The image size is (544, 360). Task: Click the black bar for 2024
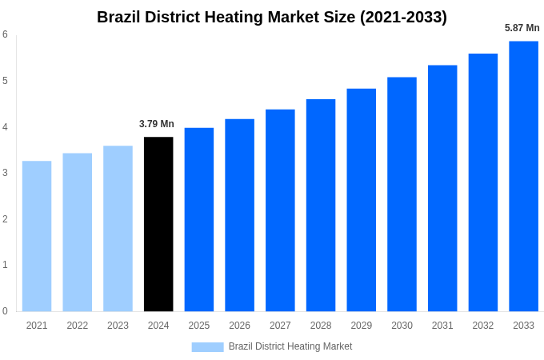tap(158, 224)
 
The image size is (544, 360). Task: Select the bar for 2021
tap(37, 236)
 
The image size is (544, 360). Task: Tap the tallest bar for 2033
tap(523, 176)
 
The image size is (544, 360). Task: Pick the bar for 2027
tap(280, 210)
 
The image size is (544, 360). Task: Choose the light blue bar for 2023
tap(118, 228)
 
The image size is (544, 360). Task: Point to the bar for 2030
tap(402, 194)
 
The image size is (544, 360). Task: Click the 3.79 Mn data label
tap(157, 124)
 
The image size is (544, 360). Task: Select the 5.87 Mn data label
tap(522, 28)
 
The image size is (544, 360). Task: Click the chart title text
tap(272, 17)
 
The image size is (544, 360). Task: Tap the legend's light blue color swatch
tap(207, 346)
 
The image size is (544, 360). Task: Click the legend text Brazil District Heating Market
tap(290, 346)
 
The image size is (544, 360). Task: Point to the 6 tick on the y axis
tap(5, 34)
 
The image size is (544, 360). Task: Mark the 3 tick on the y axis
tap(5, 173)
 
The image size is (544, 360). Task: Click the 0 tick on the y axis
tap(5, 311)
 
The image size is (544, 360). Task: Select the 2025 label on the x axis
tap(199, 326)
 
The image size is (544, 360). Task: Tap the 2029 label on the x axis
tap(361, 326)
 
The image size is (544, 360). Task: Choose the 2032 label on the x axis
tap(482, 326)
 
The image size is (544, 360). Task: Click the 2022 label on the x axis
tap(78, 326)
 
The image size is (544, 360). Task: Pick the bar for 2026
tap(239, 215)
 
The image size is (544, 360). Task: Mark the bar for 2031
tap(442, 188)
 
